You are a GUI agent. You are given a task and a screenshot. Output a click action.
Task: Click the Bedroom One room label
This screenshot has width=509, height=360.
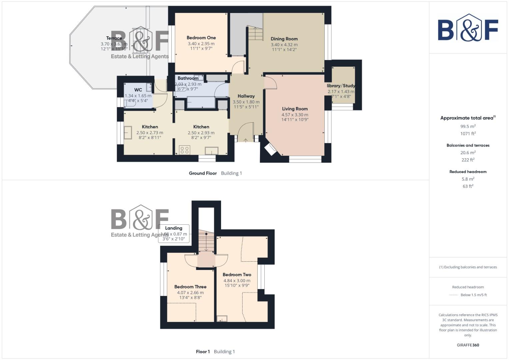coord(201,38)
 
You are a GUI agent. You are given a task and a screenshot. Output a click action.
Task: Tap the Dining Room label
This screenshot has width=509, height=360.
coord(284,39)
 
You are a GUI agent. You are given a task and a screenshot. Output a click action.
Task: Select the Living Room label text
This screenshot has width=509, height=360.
coord(295,109)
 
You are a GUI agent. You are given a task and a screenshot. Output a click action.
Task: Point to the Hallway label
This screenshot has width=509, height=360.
coord(246,96)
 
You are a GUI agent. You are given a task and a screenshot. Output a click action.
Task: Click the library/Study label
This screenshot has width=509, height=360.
coord(341,86)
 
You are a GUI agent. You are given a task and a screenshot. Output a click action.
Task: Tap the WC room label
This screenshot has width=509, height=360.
coord(138,90)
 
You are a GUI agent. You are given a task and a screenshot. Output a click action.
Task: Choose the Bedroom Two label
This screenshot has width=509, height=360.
coord(237,275)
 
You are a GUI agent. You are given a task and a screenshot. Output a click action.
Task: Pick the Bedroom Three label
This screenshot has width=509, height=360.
coord(190,287)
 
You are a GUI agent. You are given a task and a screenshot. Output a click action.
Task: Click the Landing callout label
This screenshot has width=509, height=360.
coord(174,228)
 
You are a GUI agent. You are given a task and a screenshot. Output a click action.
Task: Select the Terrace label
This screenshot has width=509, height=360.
coord(114,38)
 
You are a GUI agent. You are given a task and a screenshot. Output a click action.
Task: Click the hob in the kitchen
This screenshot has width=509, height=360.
coord(185,150)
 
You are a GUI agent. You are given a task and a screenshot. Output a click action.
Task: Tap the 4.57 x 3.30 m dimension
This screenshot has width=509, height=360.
coord(295,115)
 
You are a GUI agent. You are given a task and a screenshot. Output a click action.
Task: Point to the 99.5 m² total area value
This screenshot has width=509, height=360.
coord(468,126)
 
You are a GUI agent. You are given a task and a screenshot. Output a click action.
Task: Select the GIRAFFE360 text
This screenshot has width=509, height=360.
coord(468,345)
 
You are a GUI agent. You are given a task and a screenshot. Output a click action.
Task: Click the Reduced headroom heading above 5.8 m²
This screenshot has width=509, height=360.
coord(468,172)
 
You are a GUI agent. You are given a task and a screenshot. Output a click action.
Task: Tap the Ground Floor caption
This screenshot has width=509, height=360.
coord(203,173)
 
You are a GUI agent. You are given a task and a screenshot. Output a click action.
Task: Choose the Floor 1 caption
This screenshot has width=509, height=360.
coord(203,352)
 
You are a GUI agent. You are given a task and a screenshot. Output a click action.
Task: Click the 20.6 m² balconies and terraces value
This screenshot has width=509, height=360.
coord(468,153)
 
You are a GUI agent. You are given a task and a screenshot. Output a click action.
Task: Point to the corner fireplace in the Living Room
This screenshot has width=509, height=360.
coord(270,149)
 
